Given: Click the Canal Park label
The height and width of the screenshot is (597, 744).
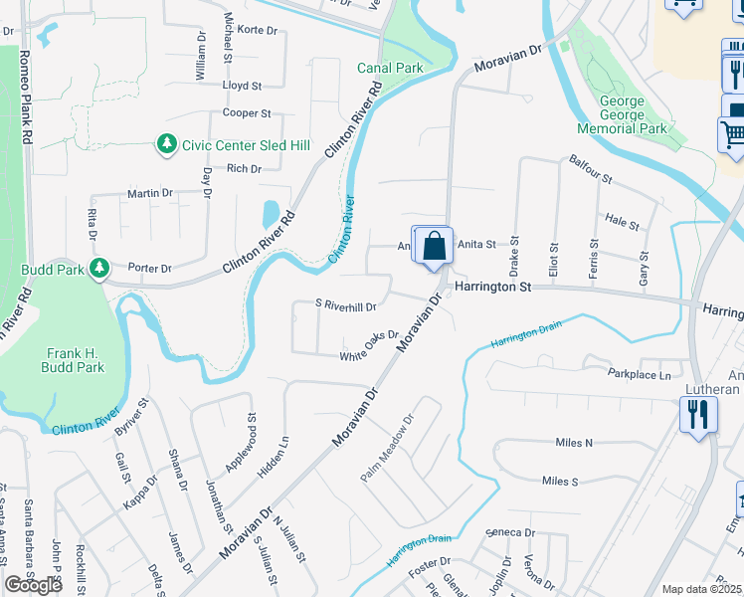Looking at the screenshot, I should [x=391, y=68].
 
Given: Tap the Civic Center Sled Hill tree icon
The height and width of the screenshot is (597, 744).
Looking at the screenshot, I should [x=166, y=145].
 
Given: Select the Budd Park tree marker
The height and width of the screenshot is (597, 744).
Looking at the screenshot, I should [x=98, y=269].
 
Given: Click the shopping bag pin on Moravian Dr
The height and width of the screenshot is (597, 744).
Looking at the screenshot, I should [x=435, y=247].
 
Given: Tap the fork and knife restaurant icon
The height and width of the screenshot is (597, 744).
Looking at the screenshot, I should [x=698, y=414].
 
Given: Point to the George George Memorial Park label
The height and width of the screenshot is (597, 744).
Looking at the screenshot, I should [x=636, y=115].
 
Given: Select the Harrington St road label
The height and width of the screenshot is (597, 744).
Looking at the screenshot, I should [x=494, y=287].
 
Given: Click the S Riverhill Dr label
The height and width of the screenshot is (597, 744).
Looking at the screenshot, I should [x=345, y=307].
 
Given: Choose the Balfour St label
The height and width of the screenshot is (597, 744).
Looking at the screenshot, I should [x=590, y=168].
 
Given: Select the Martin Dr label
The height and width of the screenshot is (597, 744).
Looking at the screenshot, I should [x=149, y=193].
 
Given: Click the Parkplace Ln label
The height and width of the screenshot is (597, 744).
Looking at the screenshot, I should [x=640, y=374].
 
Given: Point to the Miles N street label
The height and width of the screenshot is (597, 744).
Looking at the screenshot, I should [x=574, y=442].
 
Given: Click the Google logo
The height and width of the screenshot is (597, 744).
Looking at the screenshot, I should [x=33, y=585].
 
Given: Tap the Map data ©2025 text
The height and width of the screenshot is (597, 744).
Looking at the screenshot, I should [x=701, y=589].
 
